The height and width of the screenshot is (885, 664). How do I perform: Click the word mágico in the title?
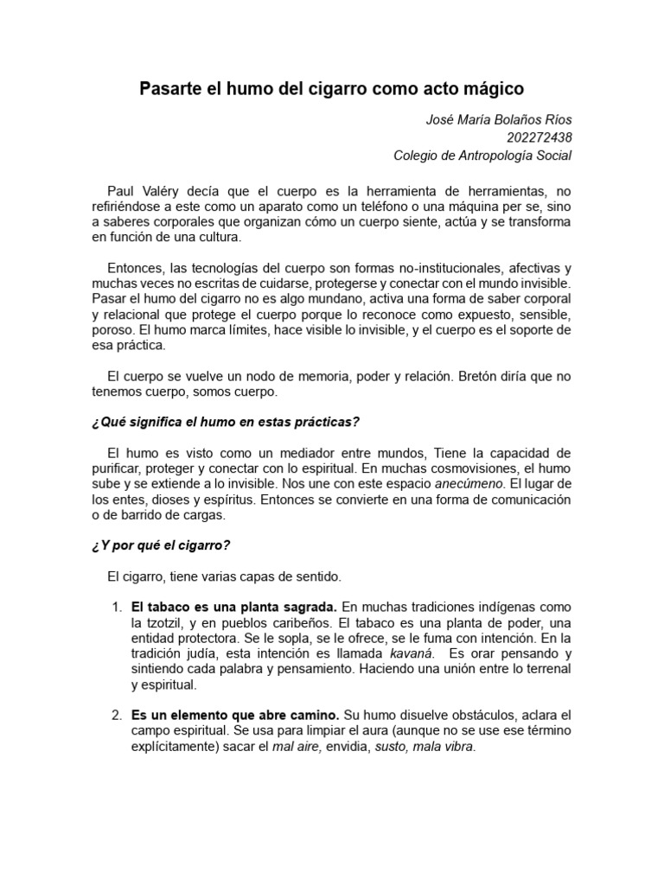494,89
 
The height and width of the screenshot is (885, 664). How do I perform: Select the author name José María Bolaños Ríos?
499,120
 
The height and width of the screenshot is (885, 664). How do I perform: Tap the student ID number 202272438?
539,137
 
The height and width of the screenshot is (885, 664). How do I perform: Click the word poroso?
112,330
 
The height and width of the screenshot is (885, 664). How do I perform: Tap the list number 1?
117,608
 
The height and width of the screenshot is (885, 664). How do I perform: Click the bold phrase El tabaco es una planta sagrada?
234,608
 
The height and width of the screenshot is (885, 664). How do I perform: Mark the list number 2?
117,716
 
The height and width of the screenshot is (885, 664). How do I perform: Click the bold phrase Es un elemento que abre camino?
236,716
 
